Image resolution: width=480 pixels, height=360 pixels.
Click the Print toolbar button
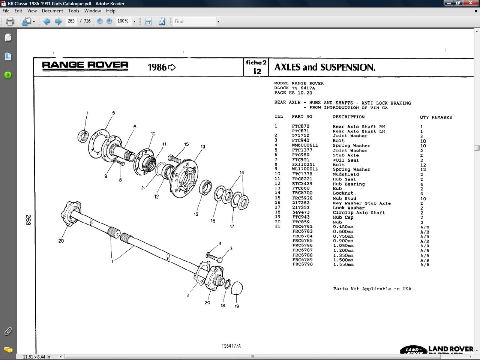coord(10,21)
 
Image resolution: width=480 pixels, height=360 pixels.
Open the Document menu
coord(52,11)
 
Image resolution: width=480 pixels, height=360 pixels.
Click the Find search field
coord(195,21)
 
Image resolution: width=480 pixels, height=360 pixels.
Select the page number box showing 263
coord(71,21)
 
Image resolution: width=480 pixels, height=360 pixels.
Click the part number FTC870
coord(300,126)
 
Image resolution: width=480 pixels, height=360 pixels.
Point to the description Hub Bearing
coord(348,184)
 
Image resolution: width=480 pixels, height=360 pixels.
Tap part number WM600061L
coord(304,145)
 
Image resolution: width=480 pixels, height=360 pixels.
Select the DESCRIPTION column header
coord(348,117)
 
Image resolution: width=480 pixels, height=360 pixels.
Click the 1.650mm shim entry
coord(343,264)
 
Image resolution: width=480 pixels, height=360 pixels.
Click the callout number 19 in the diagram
coord(237,306)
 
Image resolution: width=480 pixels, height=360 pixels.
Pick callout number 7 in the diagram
coord(87,113)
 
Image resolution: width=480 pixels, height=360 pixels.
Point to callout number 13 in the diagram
coord(203,147)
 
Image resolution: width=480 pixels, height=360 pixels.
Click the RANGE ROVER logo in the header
coord(85,66)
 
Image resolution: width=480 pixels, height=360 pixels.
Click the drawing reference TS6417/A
coord(231,346)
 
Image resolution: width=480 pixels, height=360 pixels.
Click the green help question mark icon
coord(8,75)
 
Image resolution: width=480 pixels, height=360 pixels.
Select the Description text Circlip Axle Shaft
coord(359,212)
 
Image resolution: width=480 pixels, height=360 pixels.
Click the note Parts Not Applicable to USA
coord(373,289)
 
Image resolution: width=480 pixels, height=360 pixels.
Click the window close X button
coord(471,3)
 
